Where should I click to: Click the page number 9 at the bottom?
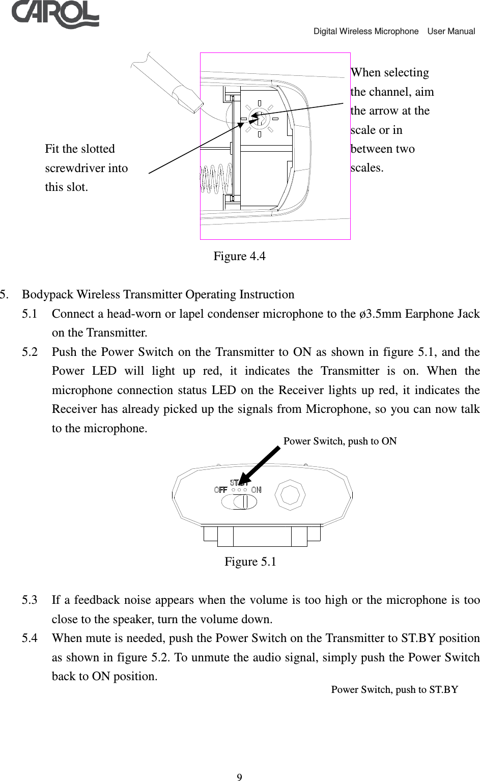click(239, 777)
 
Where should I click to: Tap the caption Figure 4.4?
click(239, 256)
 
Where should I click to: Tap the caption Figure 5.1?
click(250, 562)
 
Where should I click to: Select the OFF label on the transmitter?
click(220, 490)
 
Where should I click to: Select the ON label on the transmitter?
click(256, 490)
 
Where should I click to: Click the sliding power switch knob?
click(244, 501)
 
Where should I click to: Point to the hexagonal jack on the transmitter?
click(290, 494)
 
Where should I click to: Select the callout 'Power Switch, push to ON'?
click(340, 441)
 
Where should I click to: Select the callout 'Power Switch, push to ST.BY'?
click(394, 689)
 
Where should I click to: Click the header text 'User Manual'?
click(451, 31)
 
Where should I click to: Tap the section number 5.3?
click(30, 600)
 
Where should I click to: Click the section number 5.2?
click(30, 352)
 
